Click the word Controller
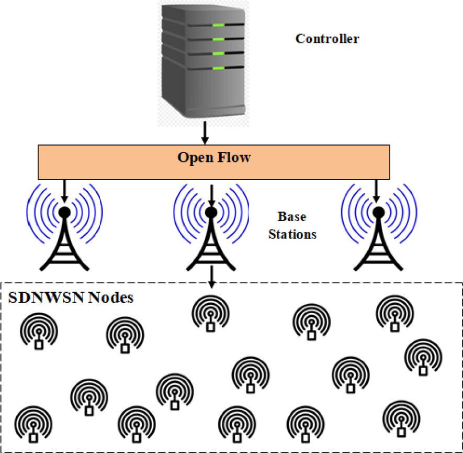click(x=327, y=39)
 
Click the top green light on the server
click(x=218, y=25)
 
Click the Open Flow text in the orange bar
click(x=213, y=157)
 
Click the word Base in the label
click(x=292, y=217)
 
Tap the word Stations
click(x=292, y=234)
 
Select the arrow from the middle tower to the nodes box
click(x=210, y=276)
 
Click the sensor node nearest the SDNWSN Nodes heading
click(x=38, y=333)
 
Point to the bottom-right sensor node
click(x=401, y=420)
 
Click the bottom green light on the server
click(x=218, y=68)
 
